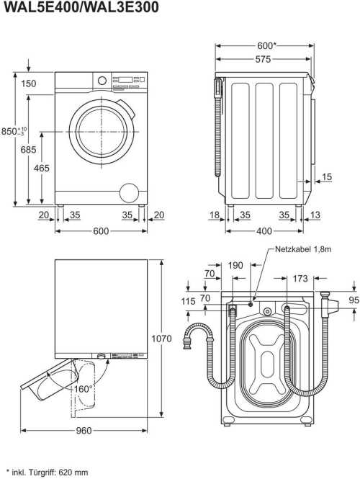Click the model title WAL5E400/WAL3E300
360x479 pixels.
click(81, 7)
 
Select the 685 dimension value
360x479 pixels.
click(28, 150)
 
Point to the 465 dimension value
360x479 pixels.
click(41, 168)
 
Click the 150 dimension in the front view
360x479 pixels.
click(28, 84)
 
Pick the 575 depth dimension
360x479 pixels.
click(263, 59)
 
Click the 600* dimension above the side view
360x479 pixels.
click(266, 46)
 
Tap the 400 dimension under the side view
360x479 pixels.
click(264, 231)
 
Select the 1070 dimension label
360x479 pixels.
click(161, 339)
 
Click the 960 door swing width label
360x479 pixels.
click(84, 431)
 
